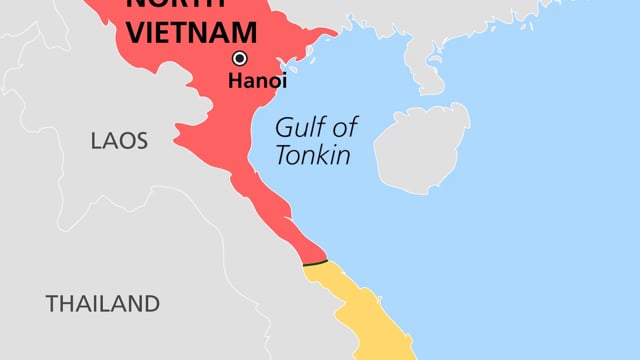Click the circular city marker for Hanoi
(x=240, y=58)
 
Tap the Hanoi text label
(x=257, y=82)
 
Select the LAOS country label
(x=119, y=141)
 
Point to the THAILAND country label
(x=103, y=303)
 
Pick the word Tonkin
(x=314, y=156)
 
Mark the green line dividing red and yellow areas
(x=315, y=263)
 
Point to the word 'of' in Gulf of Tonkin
(x=347, y=128)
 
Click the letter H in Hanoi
(x=234, y=82)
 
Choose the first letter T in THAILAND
(x=52, y=303)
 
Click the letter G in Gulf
(x=284, y=128)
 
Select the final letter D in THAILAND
(x=152, y=303)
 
